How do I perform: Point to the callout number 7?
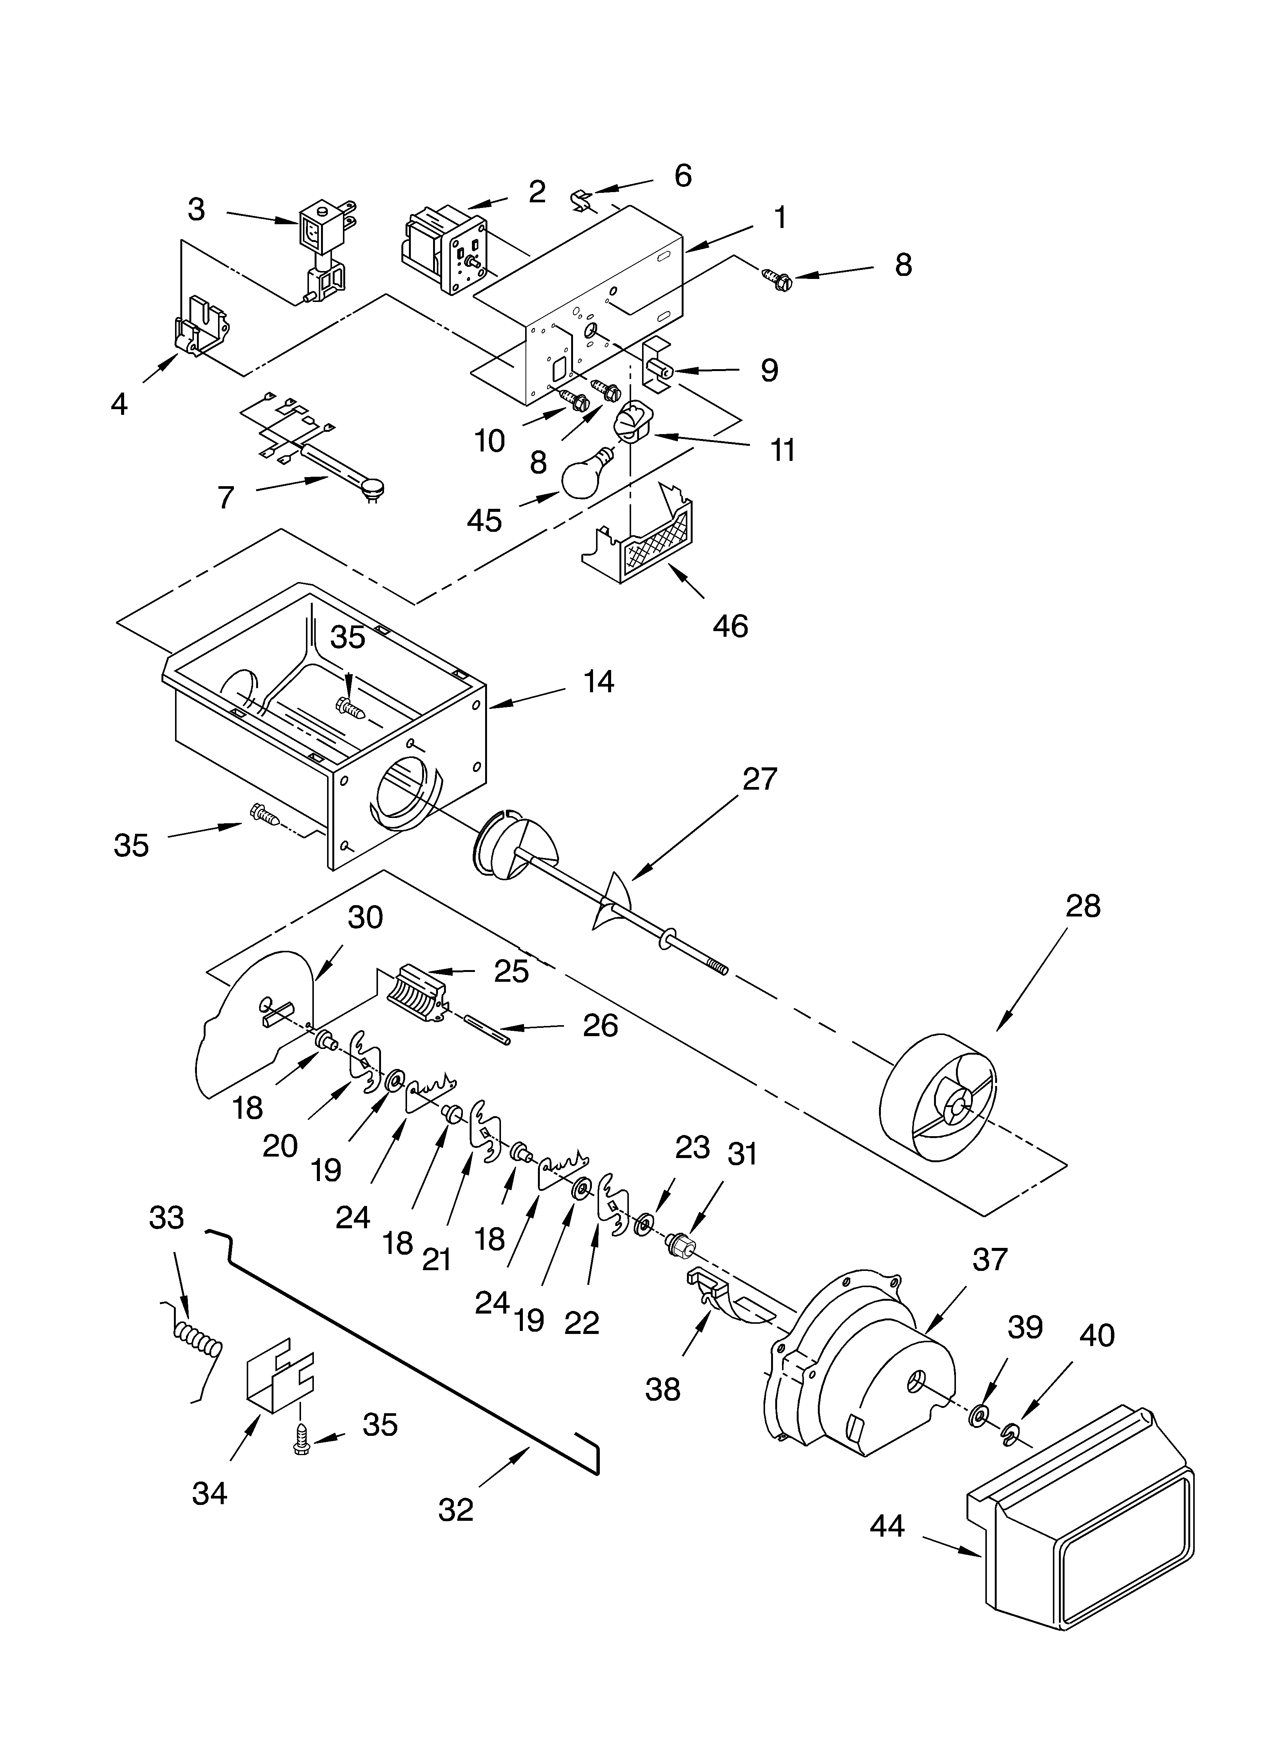click(224, 498)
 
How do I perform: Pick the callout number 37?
click(989, 1260)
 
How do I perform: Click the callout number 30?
click(364, 918)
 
